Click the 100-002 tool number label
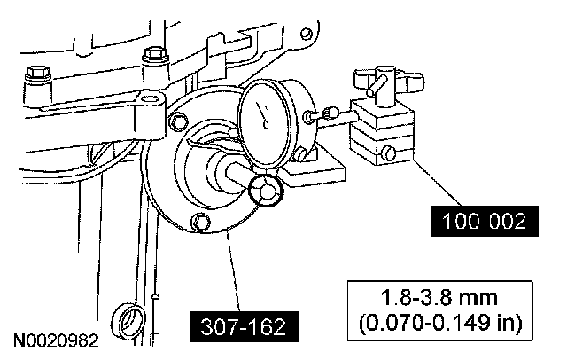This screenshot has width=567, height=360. [x=485, y=221]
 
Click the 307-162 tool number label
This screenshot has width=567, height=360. [x=244, y=326]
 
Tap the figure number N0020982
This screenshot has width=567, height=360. [x=56, y=340]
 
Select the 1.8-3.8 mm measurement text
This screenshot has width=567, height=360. [x=439, y=298]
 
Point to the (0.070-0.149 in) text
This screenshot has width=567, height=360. [x=440, y=323]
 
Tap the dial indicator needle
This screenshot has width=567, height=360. [x=263, y=115]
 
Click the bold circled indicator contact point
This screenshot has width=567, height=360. [x=265, y=191]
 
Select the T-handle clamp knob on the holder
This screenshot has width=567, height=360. [x=388, y=82]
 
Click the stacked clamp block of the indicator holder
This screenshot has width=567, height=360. [x=383, y=132]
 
